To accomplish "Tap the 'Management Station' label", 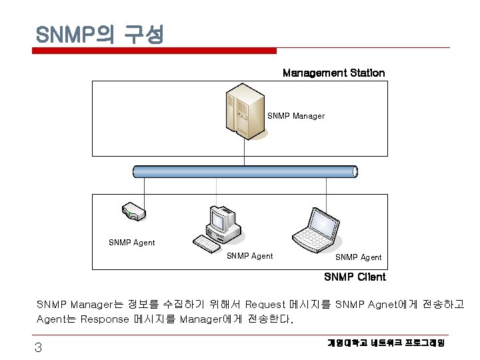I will click(x=333, y=72).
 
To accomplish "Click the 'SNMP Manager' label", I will click(x=296, y=116).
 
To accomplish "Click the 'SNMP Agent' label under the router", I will click(x=131, y=243).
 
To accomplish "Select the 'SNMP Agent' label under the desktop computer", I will click(x=250, y=255).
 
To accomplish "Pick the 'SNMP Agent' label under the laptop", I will click(x=358, y=257).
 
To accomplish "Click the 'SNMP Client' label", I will click(x=355, y=277).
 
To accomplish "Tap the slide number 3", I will click(x=39, y=347).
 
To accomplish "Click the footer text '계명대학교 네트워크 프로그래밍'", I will click(x=386, y=343).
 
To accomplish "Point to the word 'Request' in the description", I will click(x=266, y=305).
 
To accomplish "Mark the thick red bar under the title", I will click(x=156, y=51).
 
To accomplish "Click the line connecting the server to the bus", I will click(x=244, y=153).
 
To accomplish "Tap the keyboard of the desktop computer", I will click(x=207, y=244).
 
